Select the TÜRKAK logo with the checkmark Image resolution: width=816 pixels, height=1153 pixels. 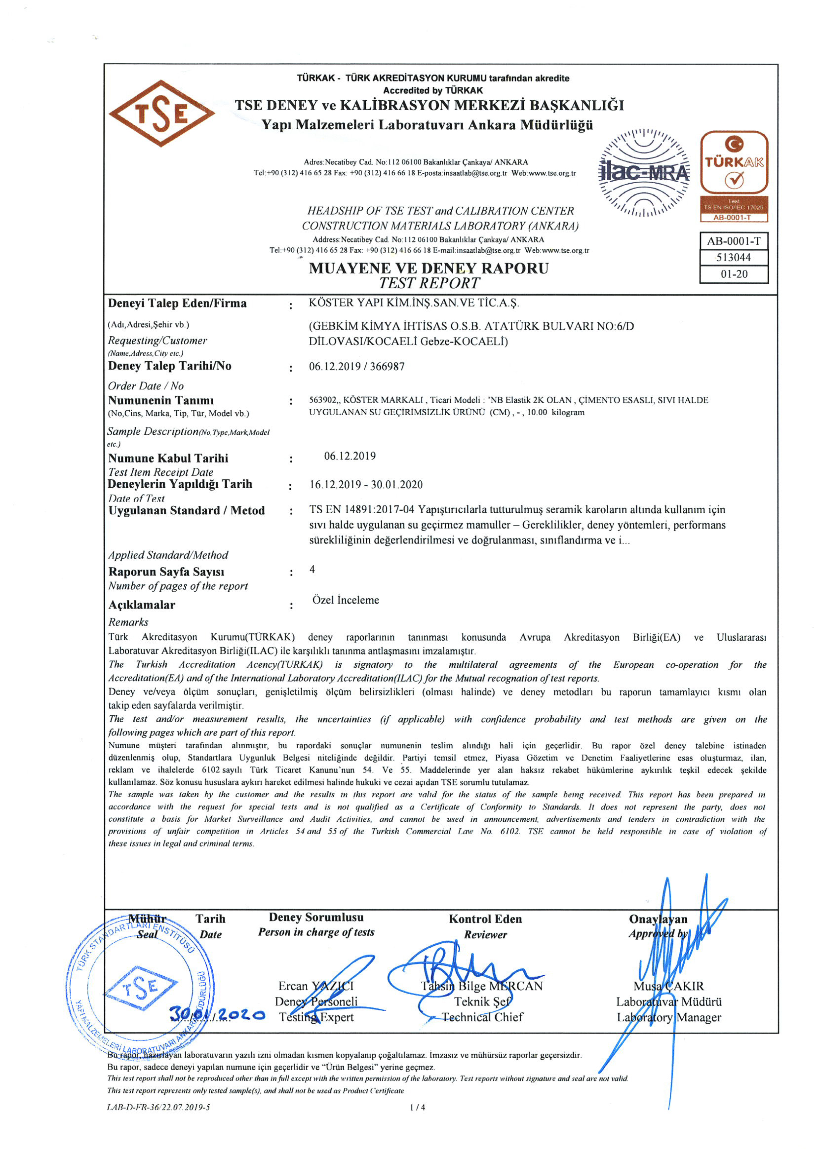pyautogui.click(x=734, y=163)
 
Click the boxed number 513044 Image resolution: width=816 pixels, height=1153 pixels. pyautogui.click(x=734, y=258)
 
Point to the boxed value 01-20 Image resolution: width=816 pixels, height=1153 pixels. pyautogui.click(x=734, y=274)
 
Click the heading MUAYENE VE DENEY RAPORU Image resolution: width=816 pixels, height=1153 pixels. pyautogui.click(x=429, y=268)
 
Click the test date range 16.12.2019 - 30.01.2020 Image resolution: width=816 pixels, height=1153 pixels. pyautogui.click(x=366, y=485)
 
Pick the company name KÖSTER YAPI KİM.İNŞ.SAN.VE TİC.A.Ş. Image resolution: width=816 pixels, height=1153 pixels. pyautogui.click(x=414, y=303)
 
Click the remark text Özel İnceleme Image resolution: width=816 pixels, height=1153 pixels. pyautogui.click(x=346, y=600)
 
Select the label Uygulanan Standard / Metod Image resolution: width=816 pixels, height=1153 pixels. pyautogui.click(x=186, y=511)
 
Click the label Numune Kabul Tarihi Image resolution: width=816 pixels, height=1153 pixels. pyautogui.click(x=168, y=458)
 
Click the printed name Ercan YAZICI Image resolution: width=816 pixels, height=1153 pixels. pyautogui.click(x=316, y=986)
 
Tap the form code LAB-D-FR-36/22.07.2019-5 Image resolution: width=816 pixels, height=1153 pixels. pyautogui.click(x=159, y=1107)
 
